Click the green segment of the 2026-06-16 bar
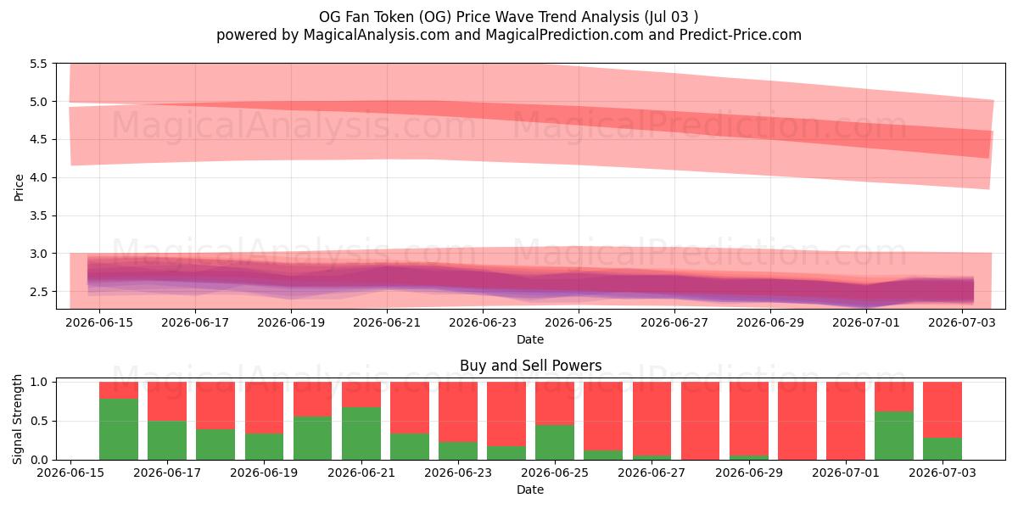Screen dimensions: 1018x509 coord(119,429)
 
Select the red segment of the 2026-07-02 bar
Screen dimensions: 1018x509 coord(894,396)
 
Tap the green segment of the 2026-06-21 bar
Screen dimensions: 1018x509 coord(361,433)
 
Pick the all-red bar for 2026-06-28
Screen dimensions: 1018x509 coord(700,421)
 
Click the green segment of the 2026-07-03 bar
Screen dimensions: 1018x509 coord(942,449)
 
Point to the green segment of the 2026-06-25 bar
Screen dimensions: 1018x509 coord(555,442)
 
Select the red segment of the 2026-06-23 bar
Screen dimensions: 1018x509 coord(457,411)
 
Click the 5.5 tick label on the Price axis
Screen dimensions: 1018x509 coord(38,64)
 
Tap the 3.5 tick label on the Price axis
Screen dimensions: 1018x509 coord(38,215)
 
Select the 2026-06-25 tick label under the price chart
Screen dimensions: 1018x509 coord(579,322)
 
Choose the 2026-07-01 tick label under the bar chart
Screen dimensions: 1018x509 coord(846,473)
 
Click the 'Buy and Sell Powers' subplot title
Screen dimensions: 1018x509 coord(530,366)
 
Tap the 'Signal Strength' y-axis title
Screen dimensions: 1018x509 coord(17,419)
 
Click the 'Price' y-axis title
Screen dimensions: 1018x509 coord(19,187)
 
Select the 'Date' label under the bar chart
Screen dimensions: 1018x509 coord(530,489)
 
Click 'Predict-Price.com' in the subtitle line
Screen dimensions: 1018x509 coord(741,35)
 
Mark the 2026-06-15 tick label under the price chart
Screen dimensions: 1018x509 coord(99,322)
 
